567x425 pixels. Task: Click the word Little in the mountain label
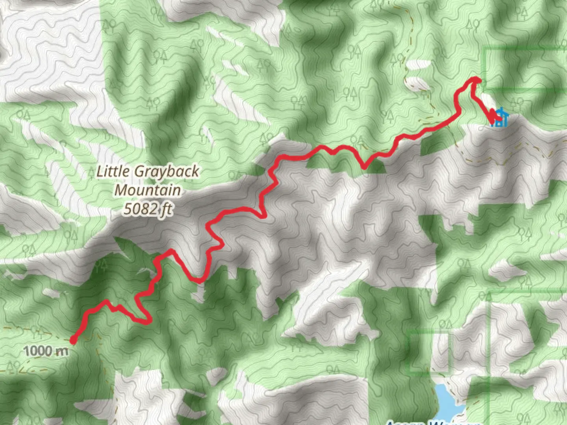point(112,171)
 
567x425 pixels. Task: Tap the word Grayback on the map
point(167,172)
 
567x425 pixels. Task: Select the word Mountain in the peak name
point(148,190)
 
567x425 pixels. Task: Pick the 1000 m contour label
point(46,351)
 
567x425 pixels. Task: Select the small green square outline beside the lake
point(429,351)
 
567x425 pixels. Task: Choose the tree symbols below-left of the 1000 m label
point(14,367)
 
